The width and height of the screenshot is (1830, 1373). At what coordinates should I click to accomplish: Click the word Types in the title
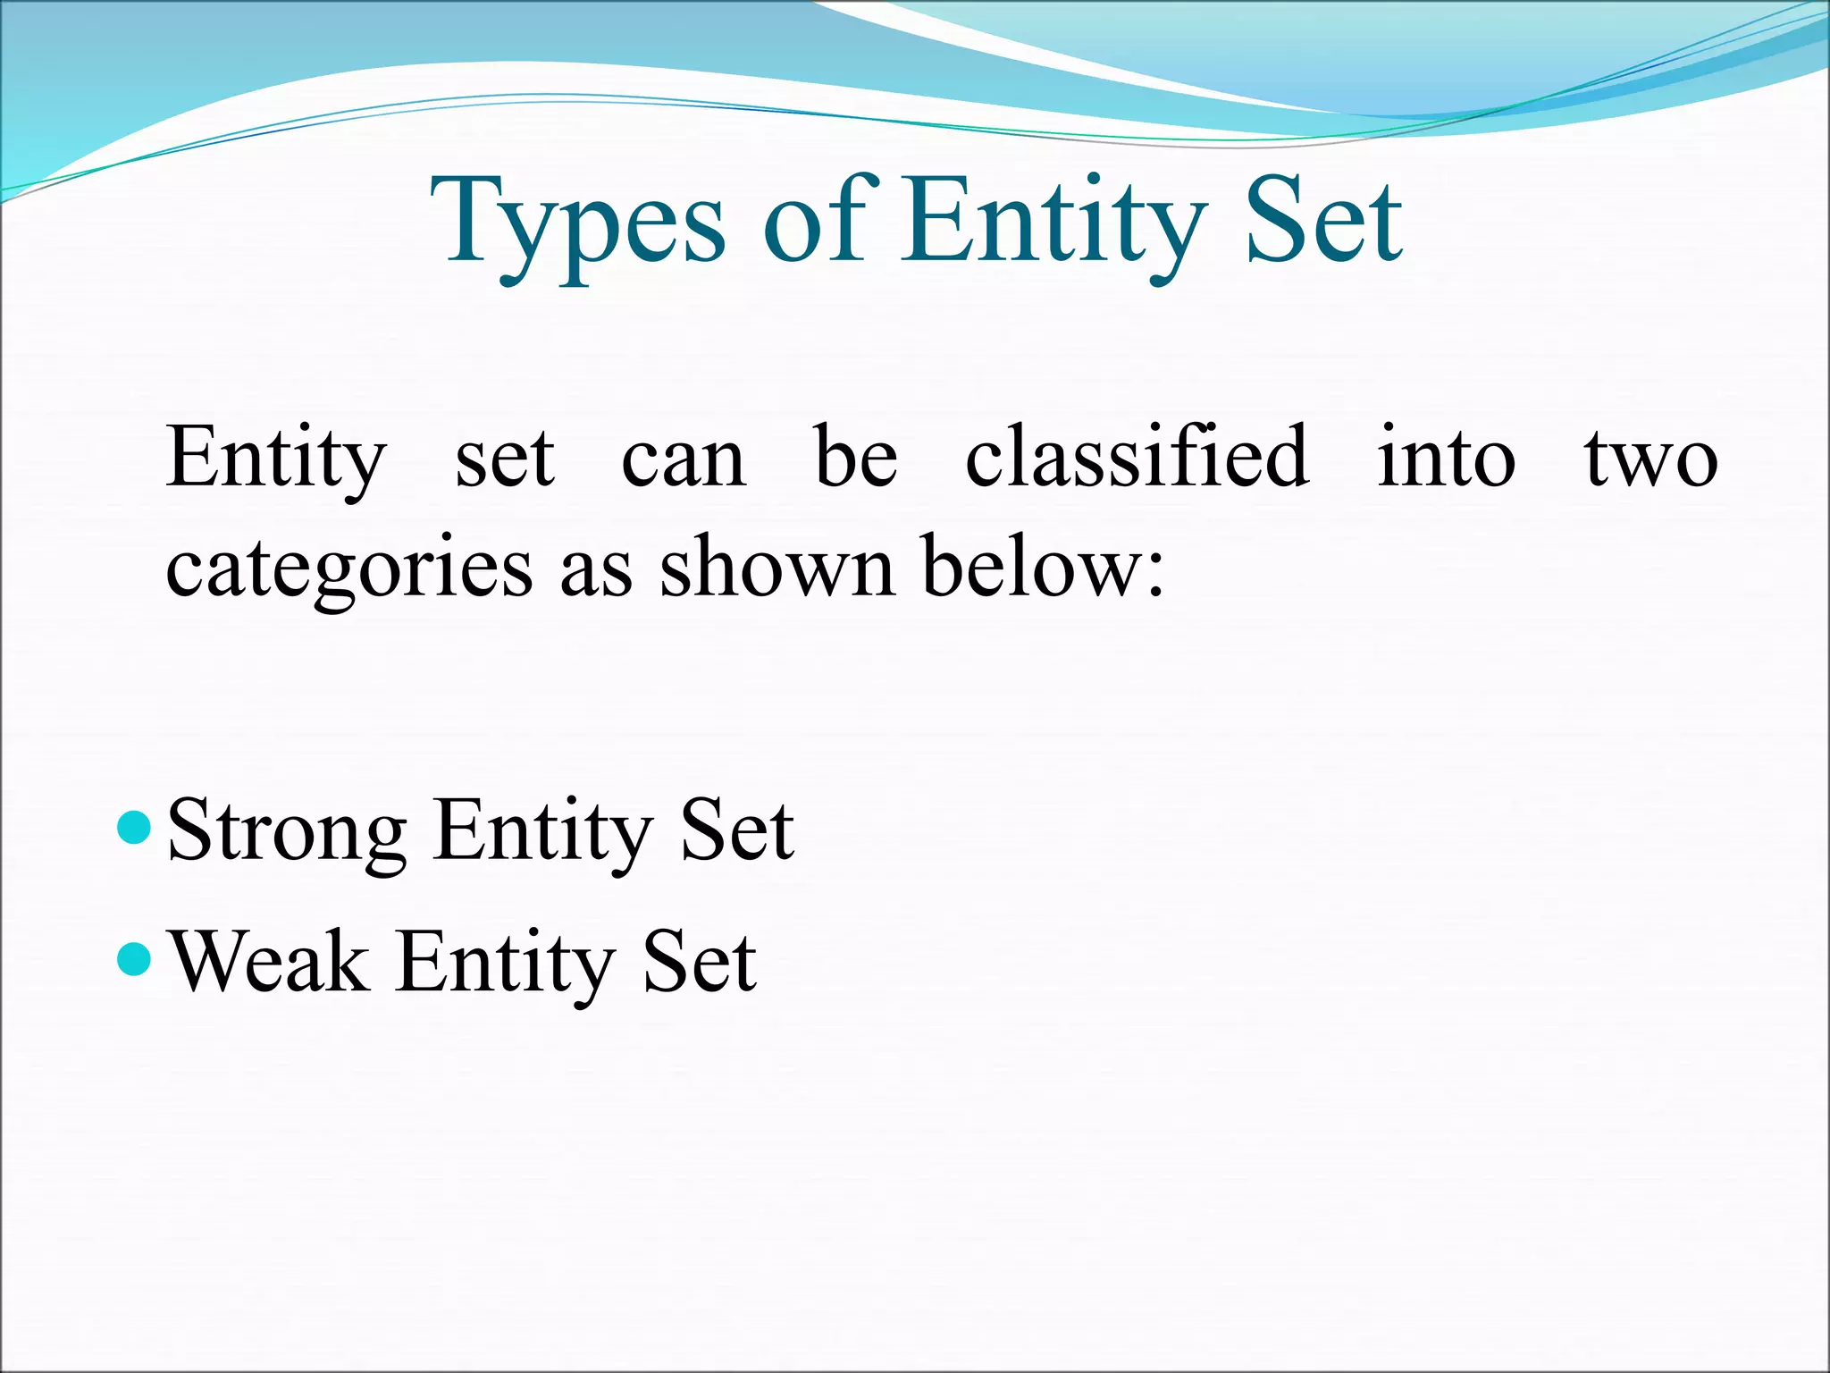[576, 223]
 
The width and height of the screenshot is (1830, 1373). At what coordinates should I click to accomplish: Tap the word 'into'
[1446, 458]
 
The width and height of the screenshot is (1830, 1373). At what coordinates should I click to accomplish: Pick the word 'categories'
[349, 569]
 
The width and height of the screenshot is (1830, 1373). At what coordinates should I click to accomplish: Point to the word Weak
[269, 962]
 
